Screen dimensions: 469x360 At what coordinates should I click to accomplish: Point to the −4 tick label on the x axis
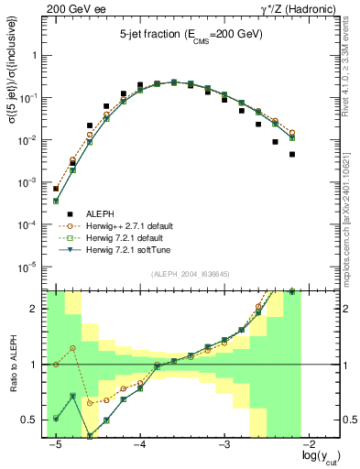(139, 444)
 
